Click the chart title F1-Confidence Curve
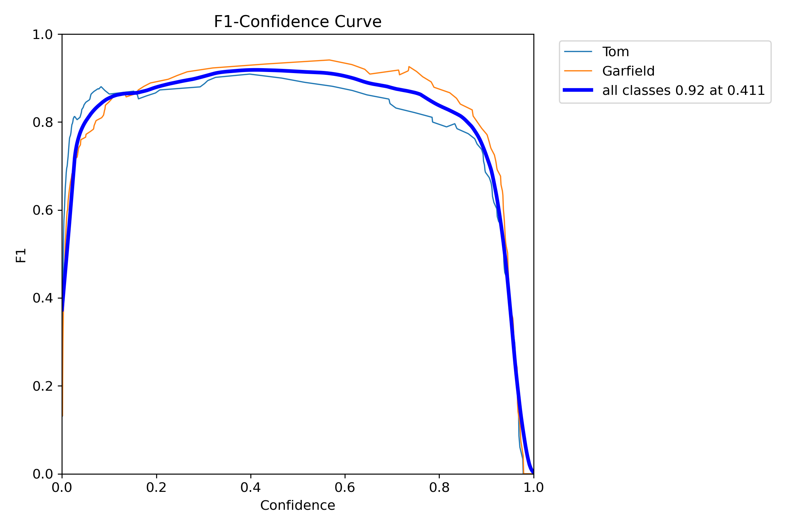pyautogui.click(x=297, y=22)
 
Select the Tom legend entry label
pyautogui.click(x=616, y=52)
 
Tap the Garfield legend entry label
pyautogui.click(x=628, y=71)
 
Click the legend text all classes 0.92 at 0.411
pyautogui.click(x=683, y=91)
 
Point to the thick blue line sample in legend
pyautogui.click(x=578, y=90)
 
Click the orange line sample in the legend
pyautogui.click(x=578, y=71)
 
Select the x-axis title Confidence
pyautogui.click(x=297, y=506)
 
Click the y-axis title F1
pyautogui.click(x=21, y=255)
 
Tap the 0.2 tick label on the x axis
pyautogui.click(x=156, y=488)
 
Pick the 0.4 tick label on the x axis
pyautogui.click(x=251, y=488)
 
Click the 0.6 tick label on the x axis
pyautogui.click(x=345, y=488)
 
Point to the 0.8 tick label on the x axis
pyautogui.click(x=439, y=488)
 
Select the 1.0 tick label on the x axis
pyautogui.click(x=533, y=488)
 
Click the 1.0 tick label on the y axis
pyautogui.click(x=42, y=35)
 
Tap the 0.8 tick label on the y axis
pyautogui.click(x=42, y=123)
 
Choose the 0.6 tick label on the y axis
pyautogui.click(x=42, y=210)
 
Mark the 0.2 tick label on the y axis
pyautogui.click(x=42, y=386)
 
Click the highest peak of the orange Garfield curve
pyautogui.click(x=329, y=60)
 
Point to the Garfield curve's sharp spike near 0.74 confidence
pyautogui.click(x=409, y=66)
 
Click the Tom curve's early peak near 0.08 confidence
pyautogui.click(x=101, y=87)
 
